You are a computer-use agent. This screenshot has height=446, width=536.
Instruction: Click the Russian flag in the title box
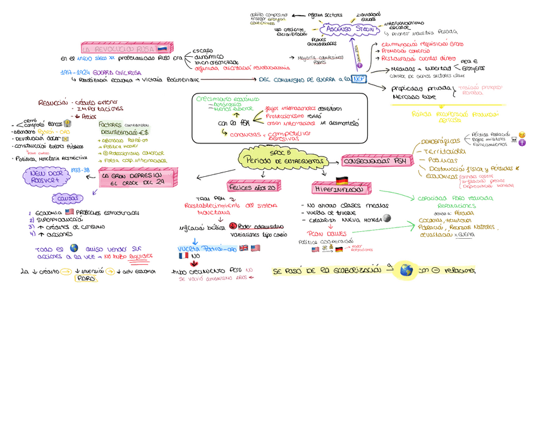[162, 49]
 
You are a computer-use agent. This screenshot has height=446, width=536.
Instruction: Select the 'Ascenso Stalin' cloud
[347, 29]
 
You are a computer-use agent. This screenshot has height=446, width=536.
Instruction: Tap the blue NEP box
[359, 79]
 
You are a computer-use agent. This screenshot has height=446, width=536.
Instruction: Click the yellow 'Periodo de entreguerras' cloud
[281, 160]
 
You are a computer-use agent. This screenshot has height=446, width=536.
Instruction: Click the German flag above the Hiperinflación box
[342, 179]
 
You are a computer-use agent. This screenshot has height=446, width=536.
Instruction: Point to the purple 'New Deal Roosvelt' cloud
[46, 176]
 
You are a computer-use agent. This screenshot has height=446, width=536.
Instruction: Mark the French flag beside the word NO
[184, 256]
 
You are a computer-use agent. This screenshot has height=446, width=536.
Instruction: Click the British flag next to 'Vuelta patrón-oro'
[243, 248]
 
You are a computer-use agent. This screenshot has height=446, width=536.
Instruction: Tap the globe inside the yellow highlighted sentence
[406, 270]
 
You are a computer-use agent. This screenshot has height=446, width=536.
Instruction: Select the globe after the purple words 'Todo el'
[75, 248]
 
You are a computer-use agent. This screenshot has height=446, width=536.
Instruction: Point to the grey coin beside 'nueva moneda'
[387, 219]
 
